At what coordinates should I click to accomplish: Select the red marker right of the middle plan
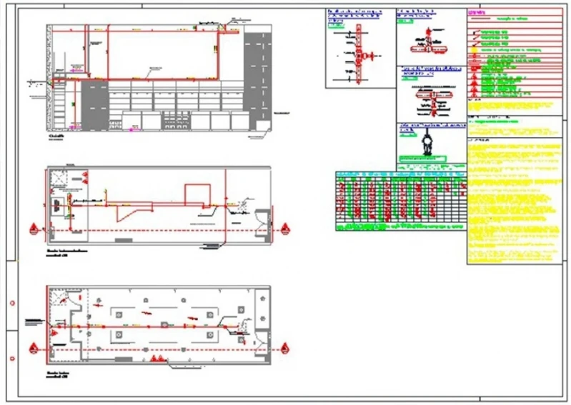click(x=285, y=230)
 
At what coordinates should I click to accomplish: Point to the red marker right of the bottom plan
click(x=285, y=349)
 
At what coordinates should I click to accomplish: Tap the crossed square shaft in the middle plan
click(x=56, y=205)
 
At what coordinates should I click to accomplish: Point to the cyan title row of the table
click(x=400, y=174)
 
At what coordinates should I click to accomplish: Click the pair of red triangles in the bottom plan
click(x=158, y=358)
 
